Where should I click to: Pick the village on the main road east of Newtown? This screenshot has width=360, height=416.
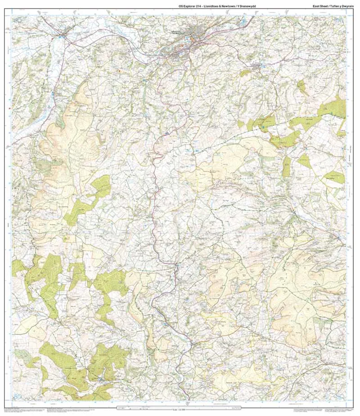(258, 68)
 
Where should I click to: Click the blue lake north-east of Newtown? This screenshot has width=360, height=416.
(243, 21)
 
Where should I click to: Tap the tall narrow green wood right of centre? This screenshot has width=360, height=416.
(286, 167)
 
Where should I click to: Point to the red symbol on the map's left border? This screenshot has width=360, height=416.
(10, 109)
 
